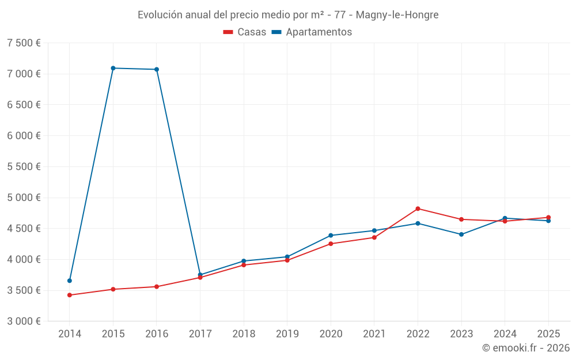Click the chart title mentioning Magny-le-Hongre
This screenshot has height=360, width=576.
point(288,14)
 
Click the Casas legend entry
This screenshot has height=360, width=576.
point(245,32)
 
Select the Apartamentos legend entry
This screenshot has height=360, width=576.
point(312,32)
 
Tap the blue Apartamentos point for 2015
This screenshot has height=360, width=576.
point(113,68)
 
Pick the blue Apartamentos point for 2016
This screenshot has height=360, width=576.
point(157,69)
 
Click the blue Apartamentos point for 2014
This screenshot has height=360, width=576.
point(70,281)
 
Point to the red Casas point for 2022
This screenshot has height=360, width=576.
point(418,209)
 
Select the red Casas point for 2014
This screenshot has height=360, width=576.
point(70,295)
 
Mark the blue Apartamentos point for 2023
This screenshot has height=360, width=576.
point(461,234)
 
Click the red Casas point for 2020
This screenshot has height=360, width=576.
point(331,244)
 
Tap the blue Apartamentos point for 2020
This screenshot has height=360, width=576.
point(331,235)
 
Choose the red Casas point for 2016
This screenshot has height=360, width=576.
point(157,286)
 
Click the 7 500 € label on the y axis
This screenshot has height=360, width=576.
point(24,43)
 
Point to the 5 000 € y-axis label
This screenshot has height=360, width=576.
point(24,198)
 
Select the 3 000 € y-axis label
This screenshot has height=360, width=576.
point(24,321)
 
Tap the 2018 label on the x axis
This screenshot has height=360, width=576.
point(244,334)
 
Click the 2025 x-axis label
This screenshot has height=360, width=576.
point(548,334)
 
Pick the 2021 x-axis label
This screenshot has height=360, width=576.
point(374,334)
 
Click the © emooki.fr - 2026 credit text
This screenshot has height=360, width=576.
point(525,348)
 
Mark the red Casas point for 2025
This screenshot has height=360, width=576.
point(548,217)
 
